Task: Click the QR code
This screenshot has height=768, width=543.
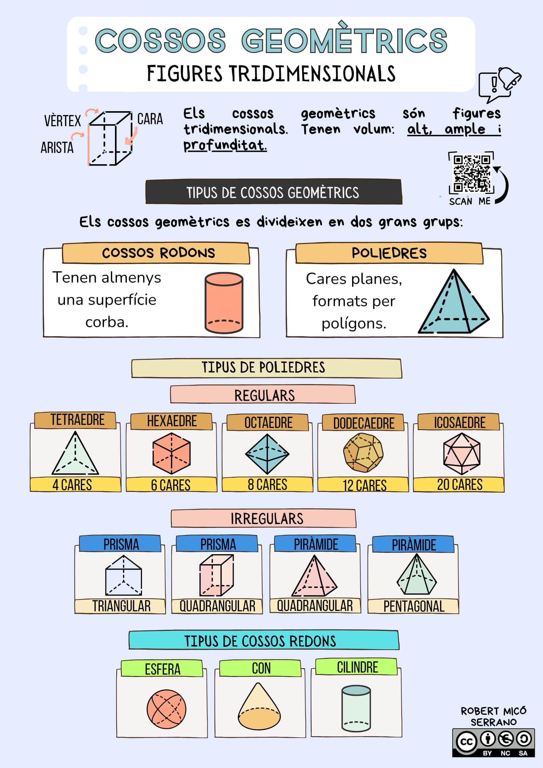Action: point(471,173)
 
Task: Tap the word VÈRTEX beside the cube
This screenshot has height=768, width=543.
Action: point(62,121)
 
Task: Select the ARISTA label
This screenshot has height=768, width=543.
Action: point(57,148)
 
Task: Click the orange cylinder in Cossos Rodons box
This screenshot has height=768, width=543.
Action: point(224,303)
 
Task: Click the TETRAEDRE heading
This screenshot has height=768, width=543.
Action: point(77,420)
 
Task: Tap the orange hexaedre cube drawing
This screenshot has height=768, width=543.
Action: point(171,454)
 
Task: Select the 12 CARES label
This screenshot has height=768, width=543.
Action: point(364,485)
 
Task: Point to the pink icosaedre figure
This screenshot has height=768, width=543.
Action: point(462,454)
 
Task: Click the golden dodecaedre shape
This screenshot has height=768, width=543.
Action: point(363,453)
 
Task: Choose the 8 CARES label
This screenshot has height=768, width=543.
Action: point(267,485)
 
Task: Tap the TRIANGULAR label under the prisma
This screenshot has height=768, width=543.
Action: point(121,606)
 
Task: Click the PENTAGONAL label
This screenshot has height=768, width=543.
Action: point(414,607)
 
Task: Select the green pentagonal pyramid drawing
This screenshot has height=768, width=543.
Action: point(416,575)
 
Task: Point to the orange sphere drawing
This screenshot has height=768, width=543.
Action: point(166,709)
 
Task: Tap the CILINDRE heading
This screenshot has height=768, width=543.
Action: point(357,667)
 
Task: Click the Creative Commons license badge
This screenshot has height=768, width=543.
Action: point(493,743)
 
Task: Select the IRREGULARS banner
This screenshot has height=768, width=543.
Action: point(267,519)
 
